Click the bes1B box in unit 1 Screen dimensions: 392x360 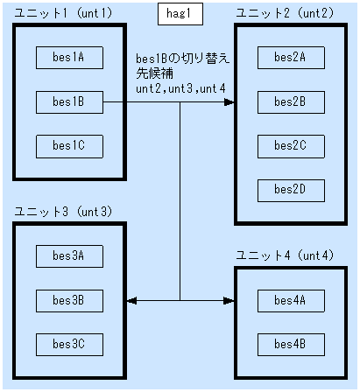[68, 101]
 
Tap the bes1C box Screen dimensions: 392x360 [68, 145]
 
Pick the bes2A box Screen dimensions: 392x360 [290, 57]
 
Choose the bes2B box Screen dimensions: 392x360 [290, 101]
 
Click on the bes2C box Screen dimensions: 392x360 [290, 145]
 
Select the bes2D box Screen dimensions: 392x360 [290, 189]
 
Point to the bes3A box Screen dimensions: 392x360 [68, 255]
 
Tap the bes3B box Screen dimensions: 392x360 [68, 300]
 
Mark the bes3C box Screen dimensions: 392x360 [68, 343]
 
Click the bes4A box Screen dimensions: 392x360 [290, 300]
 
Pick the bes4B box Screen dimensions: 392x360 [290, 343]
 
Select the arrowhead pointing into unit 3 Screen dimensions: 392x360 [131, 300]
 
